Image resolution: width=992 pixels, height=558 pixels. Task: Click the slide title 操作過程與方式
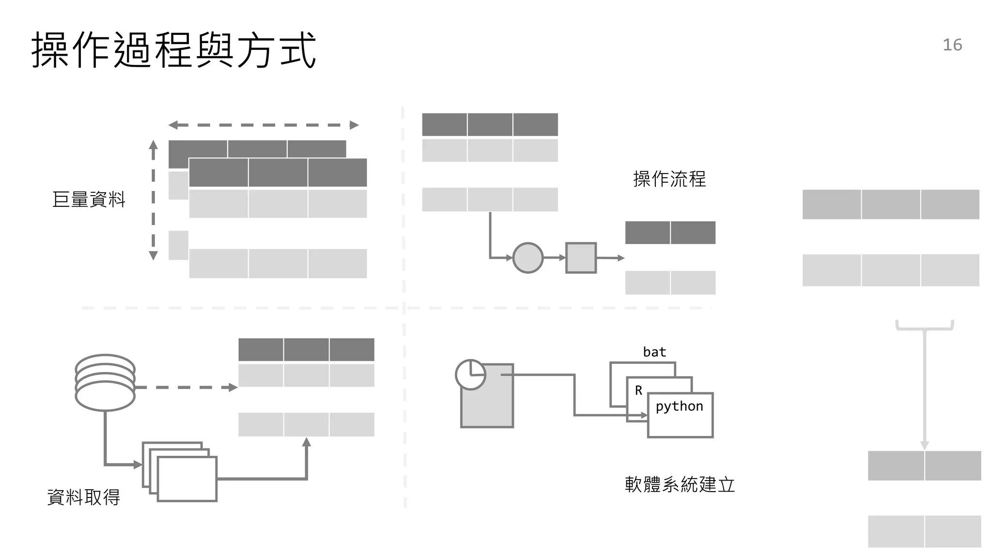click(x=173, y=50)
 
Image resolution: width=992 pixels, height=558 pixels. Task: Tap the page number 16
click(x=952, y=45)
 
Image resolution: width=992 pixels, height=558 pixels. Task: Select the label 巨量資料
click(x=89, y=200)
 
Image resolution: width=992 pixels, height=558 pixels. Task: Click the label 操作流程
click(x=669, y=179)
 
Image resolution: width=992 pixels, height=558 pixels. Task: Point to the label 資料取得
click(x=83, y=497)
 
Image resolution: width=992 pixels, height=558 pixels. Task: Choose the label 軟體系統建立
click(x=680, y=484)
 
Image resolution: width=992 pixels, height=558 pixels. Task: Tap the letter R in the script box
click(x=638, y=390)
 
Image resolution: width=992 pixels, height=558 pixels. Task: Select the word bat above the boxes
click(x=654, y=352)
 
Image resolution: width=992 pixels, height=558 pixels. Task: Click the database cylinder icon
click(x=105, y=383)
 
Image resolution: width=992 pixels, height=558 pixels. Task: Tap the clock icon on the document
click(x=470, y=374)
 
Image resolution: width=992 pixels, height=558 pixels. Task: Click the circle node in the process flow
click(x=527, y=258)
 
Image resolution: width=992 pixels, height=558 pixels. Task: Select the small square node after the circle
click(x=581, y=258)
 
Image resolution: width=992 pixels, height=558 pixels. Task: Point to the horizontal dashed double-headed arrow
click(x=263, y=125)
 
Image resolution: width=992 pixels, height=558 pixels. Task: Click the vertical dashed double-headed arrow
click(x=153, y=200)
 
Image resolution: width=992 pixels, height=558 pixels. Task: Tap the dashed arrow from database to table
click(x=186, y=387)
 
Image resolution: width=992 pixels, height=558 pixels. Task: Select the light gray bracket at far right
click(x=925, y=326)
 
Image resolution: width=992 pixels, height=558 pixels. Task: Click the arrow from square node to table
click(x=610, y=258)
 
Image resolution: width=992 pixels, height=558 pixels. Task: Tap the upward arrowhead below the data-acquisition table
click(x=306, y=442)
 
